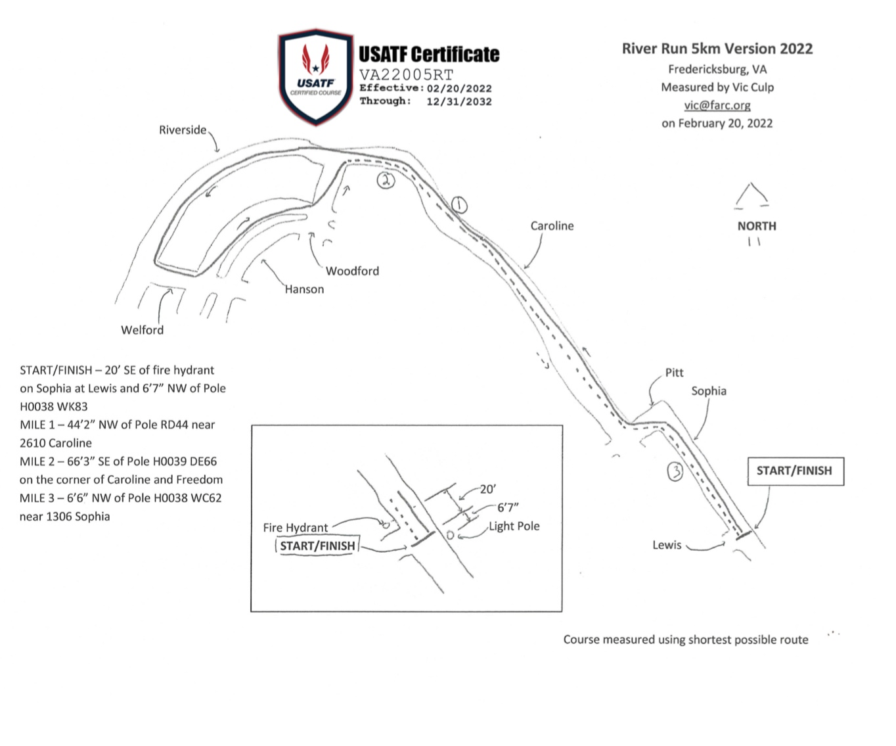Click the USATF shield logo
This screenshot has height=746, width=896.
coord(316,78)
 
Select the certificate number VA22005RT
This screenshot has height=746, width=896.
coord(406,75)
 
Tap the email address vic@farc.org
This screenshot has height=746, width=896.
coord(717,105)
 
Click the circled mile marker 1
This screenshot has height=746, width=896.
coord(459,205)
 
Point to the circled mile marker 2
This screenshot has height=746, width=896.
coord(386,180)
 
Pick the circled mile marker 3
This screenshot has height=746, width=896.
coord(675,471)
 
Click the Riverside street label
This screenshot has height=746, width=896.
coord(183,129)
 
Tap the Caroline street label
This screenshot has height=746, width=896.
coord(552,226)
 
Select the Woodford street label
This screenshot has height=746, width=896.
coord(352,271)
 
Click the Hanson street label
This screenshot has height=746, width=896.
coord(304,289)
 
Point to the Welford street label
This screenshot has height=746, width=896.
coord(142,330)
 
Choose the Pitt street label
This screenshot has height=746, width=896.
coord(674,373)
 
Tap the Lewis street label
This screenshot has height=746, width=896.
coord(667,545)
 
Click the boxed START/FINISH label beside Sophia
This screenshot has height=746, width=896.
coord(795,471)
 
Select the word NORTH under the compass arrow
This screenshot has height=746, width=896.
coord(757,226)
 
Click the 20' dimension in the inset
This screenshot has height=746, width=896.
coord(488,489)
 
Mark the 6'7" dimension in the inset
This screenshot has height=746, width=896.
coord(508,507)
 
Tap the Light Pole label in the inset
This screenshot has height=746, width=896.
coord(514,526)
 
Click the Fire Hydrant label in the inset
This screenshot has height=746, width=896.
coord(295,527)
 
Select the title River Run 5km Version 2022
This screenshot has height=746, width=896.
coord(717,49)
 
